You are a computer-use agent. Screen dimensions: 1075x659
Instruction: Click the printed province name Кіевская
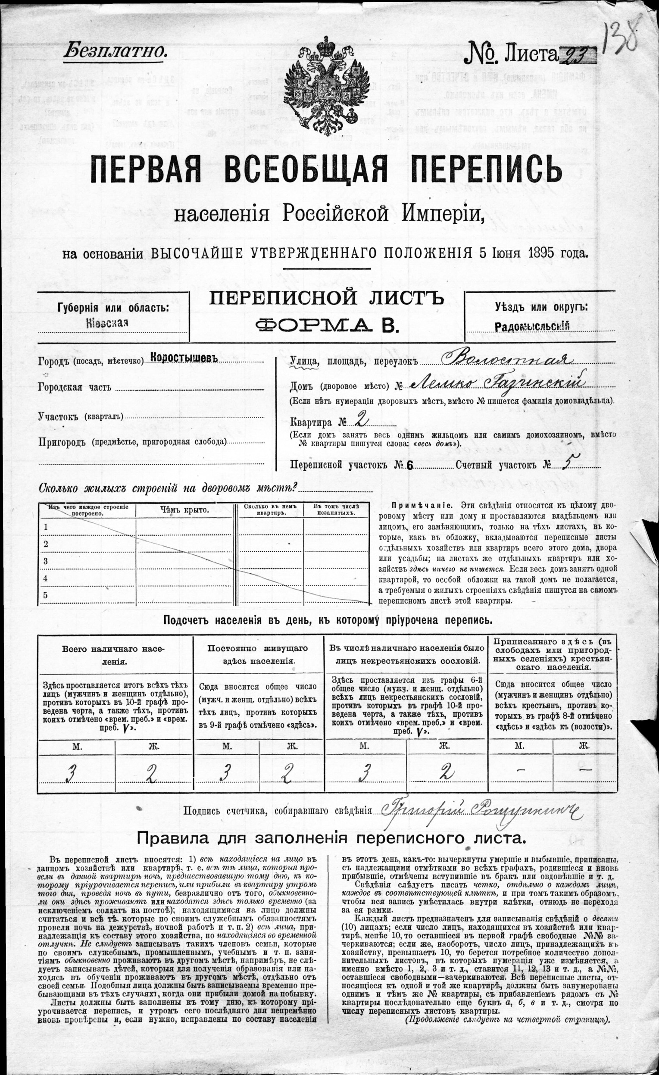pyautogui.click(x=107, y=323)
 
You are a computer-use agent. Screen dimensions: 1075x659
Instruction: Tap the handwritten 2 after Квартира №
pyautogui.click(x=361, y=419)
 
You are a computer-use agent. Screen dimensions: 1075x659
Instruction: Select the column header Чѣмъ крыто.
pyautogui.click(x=184, y=510)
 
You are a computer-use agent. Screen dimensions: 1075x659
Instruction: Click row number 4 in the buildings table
pyautogui.click(x=45, y=578)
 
